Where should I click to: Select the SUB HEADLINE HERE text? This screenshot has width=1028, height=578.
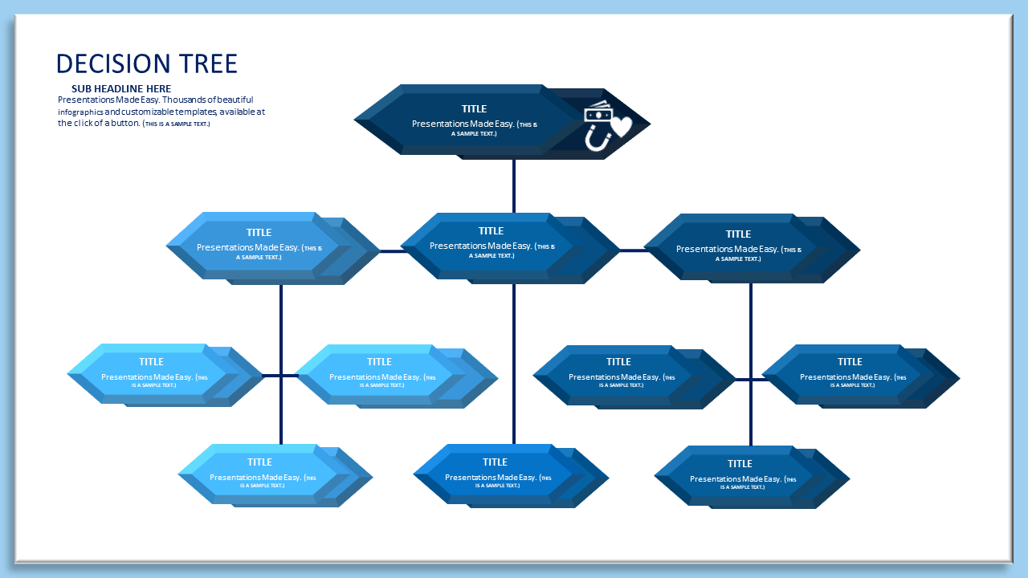point(121,88)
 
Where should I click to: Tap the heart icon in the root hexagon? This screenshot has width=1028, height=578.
point(620,126)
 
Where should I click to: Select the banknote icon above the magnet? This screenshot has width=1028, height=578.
point(599,112)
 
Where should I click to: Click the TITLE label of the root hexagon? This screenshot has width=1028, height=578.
point(474,108)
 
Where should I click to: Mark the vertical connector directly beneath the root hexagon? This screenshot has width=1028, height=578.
point(514,185)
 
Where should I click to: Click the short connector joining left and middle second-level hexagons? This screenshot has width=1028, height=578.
point(393,251)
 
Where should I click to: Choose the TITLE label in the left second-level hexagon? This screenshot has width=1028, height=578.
point(259,233)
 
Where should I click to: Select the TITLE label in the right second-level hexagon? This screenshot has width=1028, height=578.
point(738,234)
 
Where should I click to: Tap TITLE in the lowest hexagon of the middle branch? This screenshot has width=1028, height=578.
point(495,462)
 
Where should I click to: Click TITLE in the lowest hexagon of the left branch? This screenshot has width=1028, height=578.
point(259,462)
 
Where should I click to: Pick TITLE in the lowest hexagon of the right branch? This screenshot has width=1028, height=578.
point(740,463)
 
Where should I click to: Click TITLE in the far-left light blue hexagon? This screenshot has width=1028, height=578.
point(151,361)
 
